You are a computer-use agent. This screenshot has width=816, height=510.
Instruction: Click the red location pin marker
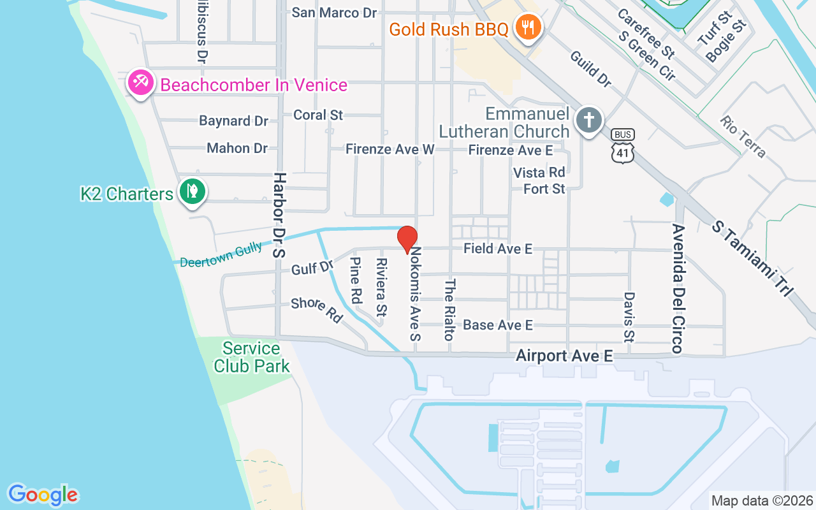click(407, 239)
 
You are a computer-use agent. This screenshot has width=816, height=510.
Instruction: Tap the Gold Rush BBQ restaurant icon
click(528, 27)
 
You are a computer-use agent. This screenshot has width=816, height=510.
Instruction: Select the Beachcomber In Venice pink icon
click(140, 84)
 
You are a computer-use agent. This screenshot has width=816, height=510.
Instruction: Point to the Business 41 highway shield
click(622, 146)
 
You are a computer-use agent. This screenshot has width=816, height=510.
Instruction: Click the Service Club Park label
click(251, 357)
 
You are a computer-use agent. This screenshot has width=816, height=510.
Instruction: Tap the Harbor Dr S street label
click(279, 214)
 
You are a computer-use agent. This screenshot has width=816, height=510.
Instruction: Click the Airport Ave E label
click(564, 356)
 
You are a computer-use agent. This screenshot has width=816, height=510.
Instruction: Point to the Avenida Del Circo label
click(677, 288)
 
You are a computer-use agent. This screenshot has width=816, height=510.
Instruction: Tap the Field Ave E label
click(497, 249)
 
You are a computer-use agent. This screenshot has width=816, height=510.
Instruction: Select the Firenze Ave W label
click(390, 149)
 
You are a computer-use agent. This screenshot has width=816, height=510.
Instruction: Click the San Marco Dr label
click(334, 13)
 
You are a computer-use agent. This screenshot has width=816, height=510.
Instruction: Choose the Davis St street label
click(629, 317)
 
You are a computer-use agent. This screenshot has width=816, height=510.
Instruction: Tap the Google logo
click(43, 495)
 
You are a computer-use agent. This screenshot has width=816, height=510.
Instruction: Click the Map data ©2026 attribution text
click(762, 500)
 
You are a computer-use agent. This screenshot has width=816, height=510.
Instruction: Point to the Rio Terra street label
click(743, 136)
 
